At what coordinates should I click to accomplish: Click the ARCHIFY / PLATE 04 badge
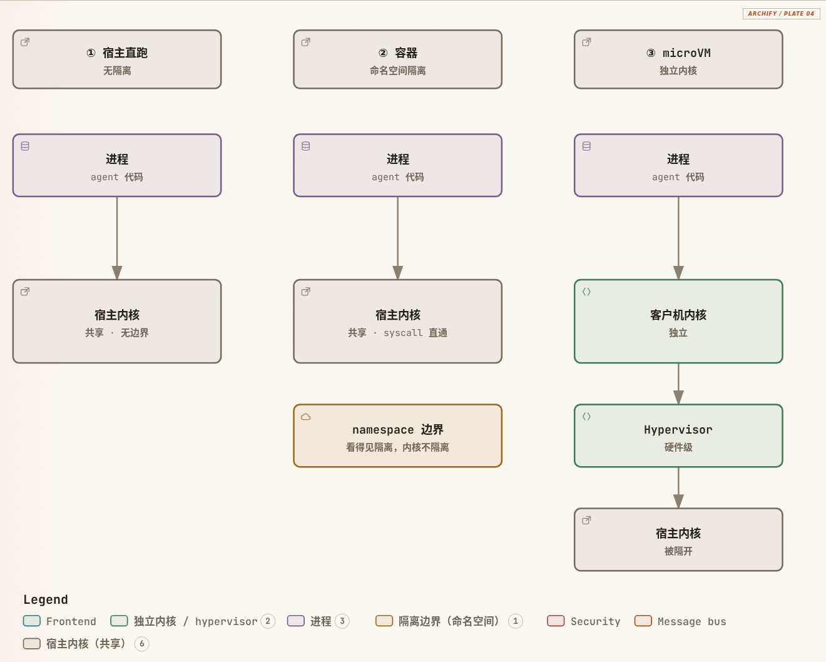pos(781,13)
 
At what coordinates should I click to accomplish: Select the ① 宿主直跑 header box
pos(117,59)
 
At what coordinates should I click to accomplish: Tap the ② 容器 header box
pos(397,59)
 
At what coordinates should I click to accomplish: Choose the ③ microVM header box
pos(678,59)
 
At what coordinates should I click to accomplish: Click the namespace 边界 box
pos(397,435)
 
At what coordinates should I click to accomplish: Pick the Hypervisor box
pos(678,435)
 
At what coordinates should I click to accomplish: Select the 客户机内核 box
pos(678,321)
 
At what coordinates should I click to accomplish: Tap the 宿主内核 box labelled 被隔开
pos(678,539)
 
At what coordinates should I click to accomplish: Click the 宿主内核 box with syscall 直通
pos(397,321)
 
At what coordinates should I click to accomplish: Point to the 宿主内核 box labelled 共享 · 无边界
pos(117,321)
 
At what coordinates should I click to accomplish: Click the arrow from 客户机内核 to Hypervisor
pos(678,384)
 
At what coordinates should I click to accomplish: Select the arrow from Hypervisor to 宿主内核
pos(678,487)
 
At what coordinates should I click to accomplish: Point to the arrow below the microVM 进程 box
pos(678,238)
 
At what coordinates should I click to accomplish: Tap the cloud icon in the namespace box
pos(306,417)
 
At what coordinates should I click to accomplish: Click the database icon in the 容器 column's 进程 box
pos(306,146)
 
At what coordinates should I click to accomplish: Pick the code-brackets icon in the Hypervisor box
pos(586,416)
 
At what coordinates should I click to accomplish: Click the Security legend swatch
pos(556,621)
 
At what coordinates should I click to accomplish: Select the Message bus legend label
pos(691,621)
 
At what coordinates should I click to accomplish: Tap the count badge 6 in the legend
pos(141,644)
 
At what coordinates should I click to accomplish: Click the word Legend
pos(46,599)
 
